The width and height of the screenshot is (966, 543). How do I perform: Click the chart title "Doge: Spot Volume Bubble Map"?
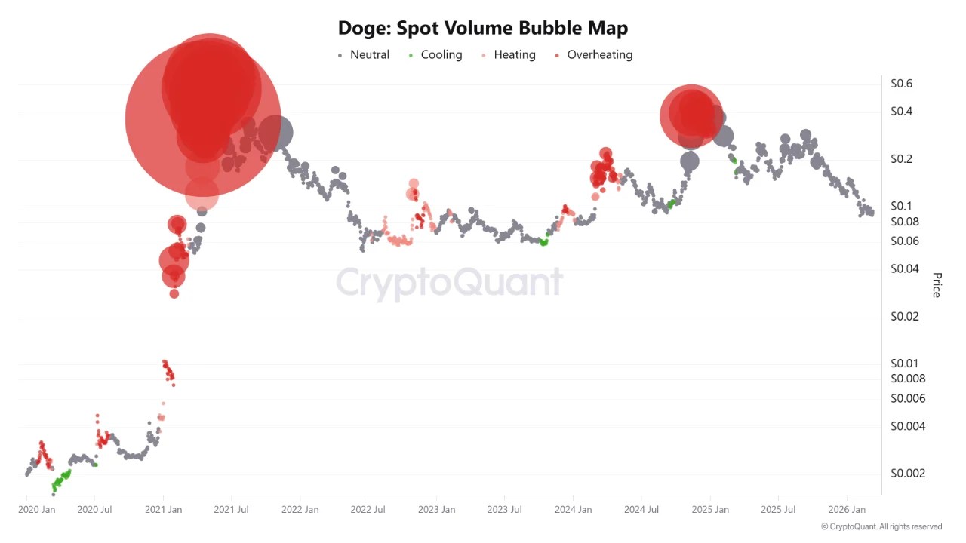(x=483, y=29)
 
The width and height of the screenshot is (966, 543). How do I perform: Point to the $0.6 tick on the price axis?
(x=902, y=84)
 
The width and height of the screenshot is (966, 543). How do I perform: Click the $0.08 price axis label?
(x=905, y=222)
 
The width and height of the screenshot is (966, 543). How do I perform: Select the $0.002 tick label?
(x=908, y=474)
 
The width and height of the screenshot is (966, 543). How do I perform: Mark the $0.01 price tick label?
(x=905, y=364)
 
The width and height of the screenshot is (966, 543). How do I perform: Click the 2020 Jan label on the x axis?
(x=37, y=510)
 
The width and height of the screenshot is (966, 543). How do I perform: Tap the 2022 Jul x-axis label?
(x=368, y=510)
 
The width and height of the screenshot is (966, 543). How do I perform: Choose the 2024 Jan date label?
(x=573, y=510)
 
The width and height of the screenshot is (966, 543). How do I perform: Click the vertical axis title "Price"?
(x=937, y=285)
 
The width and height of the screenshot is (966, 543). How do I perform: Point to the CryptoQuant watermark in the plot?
(x=449, y=283)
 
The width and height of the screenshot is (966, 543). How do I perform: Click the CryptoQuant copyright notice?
(x=881, y=527)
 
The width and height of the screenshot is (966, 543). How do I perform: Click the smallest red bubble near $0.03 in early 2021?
(x=174, y=293)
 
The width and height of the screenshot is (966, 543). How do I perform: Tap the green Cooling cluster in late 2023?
(x=543, y=241)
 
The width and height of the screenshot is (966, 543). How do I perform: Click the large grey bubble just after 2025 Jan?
(x=723, y=137)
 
